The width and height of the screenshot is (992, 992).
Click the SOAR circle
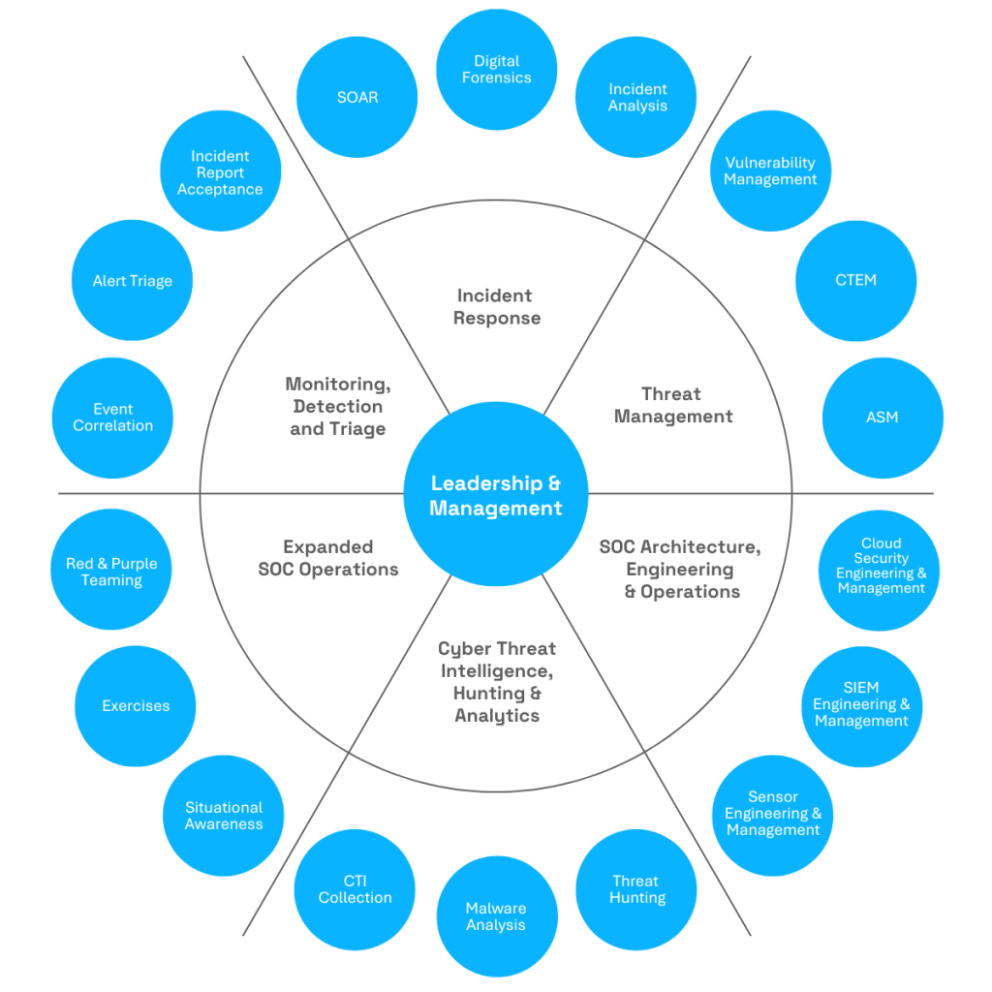tap(356, 97)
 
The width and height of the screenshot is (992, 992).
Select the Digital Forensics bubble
tap(497, 70)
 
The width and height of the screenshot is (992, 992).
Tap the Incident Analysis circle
tap(635, 97)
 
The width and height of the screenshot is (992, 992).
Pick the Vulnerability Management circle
tap(770, 170)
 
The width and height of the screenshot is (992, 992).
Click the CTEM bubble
tap(856, 281)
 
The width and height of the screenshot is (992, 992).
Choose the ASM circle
tap(883, 418)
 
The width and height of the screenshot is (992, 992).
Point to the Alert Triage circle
tap(132, 280)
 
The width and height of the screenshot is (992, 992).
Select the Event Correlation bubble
tap(112, 418)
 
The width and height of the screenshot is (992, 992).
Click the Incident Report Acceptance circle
tap(221, 170)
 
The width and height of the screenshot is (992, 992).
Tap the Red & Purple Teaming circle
tap(111, 570)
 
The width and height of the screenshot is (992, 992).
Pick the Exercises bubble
tap(136, 706)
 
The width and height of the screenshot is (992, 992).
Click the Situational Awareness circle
tap(224, 816)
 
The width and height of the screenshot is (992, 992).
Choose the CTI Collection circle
tap(355, 889)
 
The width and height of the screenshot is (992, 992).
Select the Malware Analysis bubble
tap(497, 916)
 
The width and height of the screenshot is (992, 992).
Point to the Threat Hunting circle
tap(636, 889)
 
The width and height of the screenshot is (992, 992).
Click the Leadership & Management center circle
tap(496, 494)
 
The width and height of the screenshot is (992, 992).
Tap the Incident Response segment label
tap(497, 307)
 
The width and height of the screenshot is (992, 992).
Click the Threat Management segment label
tap(673, 405)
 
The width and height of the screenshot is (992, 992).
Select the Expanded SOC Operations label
tap(328, 558)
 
